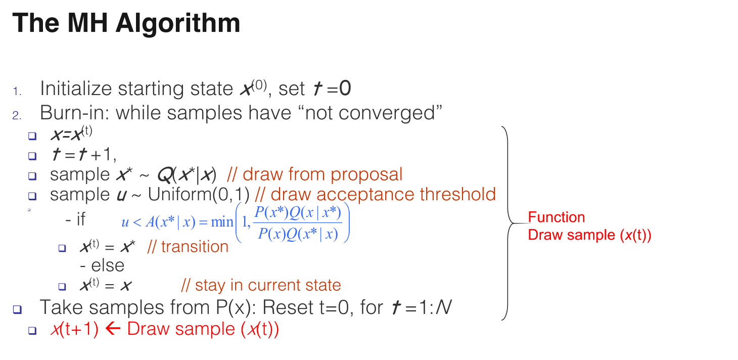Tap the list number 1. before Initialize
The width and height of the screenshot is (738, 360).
[x=17, y=92]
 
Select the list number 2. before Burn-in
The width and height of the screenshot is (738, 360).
[x=17, y=115]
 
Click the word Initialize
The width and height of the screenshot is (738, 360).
[x=76, y=88]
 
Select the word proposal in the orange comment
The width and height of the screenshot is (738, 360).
[x=366, y=175]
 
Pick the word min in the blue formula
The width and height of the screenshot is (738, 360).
[x=222, y=222]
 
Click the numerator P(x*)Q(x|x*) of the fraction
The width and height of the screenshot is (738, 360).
[x=298, y=213]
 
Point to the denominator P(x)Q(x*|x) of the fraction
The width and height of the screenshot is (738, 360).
[x=298, y=234]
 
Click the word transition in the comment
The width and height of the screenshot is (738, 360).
[x=195, y=247]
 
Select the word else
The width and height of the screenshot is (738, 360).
[x=108, y=265]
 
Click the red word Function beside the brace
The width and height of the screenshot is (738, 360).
[x=557, y=217]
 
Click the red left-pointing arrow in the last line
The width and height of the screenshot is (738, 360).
[x=113, y=329]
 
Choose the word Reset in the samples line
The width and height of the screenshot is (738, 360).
[x=288, y=307]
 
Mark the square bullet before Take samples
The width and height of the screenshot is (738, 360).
[x=17, y=309]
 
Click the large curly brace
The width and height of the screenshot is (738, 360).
[x=508, y=223]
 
